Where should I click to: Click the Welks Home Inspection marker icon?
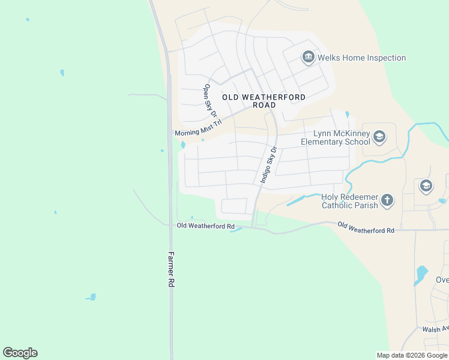point(309,58)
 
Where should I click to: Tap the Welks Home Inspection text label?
point(362,58)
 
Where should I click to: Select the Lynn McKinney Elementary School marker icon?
point(379,137)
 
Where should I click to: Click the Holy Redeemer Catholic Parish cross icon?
point(388,200)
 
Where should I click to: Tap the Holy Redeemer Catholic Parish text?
point(350,201)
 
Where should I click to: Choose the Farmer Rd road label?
point(171,268)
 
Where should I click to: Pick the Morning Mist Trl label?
point(198,128)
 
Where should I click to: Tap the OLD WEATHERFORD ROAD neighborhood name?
point(264,101)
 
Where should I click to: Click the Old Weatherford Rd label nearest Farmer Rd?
point(205,226)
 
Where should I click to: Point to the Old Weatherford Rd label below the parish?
point(366,228)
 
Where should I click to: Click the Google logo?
point(20,353)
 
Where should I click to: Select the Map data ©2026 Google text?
point(412,355)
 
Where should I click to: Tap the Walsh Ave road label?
point(435,329)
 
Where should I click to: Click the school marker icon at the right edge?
point(426,185)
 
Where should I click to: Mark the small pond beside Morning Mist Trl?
point(183,145)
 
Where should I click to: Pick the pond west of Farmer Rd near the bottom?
point(91,296)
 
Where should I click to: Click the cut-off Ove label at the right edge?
point(442,280)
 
